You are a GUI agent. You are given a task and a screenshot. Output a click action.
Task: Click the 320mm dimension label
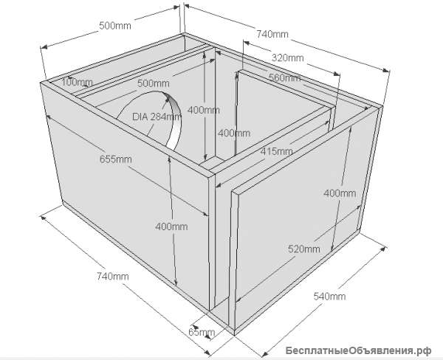point(288,58)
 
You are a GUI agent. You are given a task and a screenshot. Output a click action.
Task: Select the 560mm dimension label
point(284,77)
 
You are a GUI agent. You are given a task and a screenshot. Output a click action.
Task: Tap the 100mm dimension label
point(77,83)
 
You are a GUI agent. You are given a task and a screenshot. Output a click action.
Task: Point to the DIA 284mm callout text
point(157,117)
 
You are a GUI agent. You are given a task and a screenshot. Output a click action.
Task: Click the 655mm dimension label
point(116,159)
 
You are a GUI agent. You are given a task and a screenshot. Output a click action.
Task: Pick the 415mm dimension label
point(277,151)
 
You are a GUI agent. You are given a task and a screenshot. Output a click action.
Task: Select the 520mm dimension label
point(304,249)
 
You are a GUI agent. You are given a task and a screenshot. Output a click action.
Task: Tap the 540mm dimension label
point(329,296)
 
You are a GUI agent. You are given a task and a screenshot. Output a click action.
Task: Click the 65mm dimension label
point(202,332)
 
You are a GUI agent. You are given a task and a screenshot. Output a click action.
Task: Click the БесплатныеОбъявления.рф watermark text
point(358,350)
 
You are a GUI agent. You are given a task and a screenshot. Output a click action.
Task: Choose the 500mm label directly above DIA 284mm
point(154,83)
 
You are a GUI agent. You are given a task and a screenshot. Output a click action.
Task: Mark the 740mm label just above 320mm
point(272,34)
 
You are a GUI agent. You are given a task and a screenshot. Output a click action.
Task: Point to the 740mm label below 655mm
point(113,276)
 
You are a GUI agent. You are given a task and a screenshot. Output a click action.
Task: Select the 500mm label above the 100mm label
point(115,26)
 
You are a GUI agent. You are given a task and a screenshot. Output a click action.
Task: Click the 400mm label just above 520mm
point(340,193)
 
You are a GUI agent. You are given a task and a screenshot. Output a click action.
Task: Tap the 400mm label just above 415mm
point(234,133)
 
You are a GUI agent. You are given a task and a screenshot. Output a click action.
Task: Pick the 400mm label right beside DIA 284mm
point(204,110)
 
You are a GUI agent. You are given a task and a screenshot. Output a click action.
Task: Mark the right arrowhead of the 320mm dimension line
point(337,74)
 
